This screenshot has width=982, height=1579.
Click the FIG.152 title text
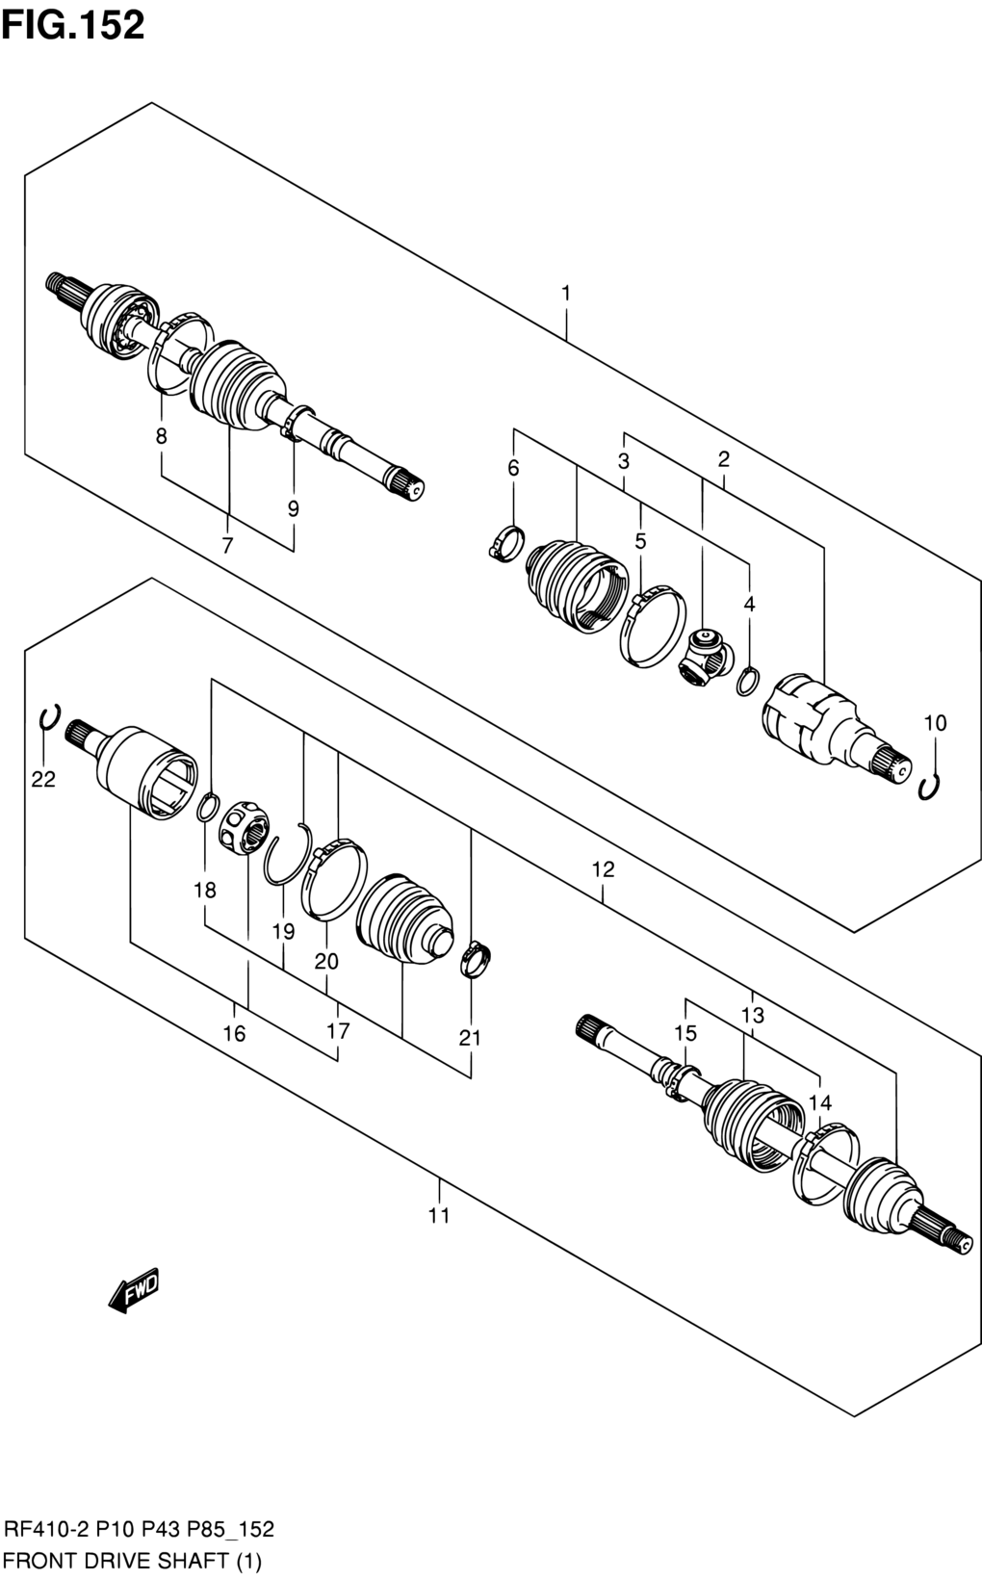[x=73, y=25]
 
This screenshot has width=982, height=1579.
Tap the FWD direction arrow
[x=134, y=1291]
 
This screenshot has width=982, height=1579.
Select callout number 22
[x=43, y=779]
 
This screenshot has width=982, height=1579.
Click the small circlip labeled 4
[x=747, y=681]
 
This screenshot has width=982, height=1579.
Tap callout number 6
[x=513, y=467]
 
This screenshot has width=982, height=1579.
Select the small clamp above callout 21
[x=476, y=959]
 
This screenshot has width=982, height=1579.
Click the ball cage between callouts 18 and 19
[x=244, y=827]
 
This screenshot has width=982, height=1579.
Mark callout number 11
[x=439, y=1215]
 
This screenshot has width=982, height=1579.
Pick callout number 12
[x=604, y=869]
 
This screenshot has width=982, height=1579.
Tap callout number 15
[x=685, y=1033]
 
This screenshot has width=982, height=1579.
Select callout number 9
[x=294, y=508]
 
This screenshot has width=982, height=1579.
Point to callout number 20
[x=326, y=962]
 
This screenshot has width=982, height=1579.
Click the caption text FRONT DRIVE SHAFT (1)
[x=133, y=1562]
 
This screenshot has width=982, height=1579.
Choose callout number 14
[x=820, y=1103]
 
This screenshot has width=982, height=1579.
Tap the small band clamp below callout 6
[x=506, y=545]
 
